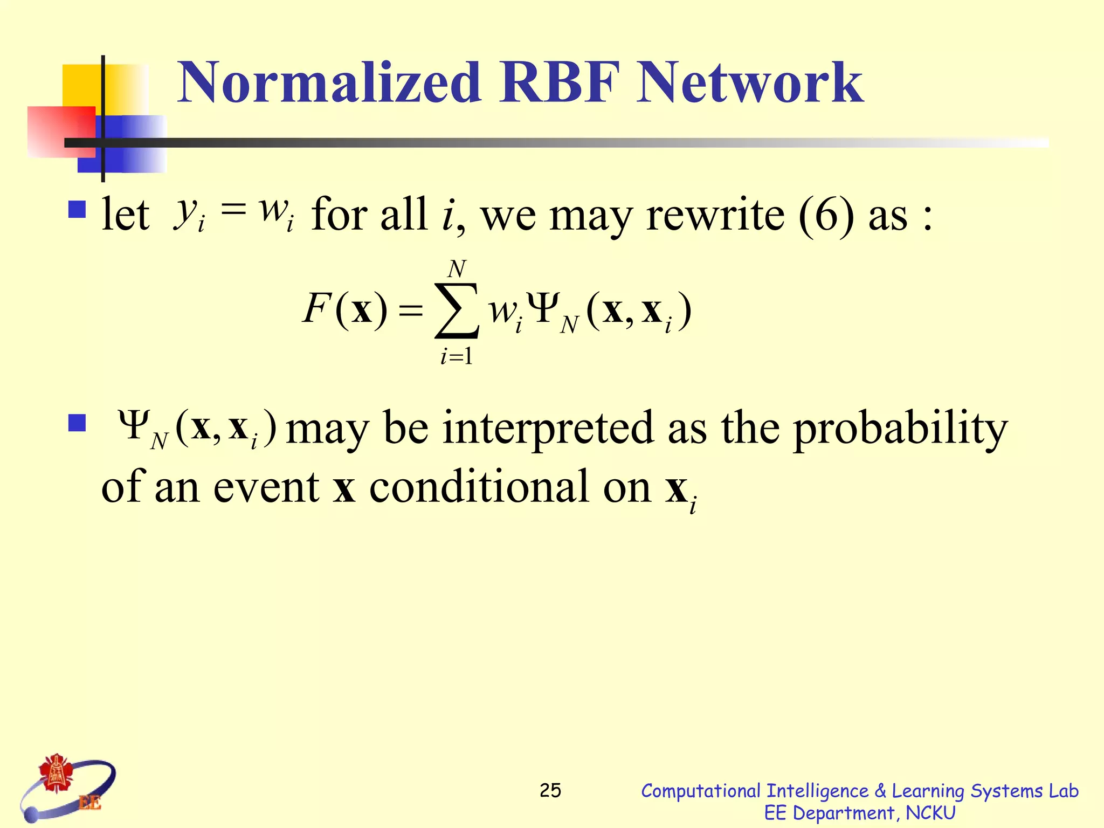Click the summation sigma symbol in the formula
457,311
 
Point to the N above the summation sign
457,268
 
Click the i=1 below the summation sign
457,356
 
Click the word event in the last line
266,487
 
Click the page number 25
550,791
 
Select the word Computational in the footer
700,791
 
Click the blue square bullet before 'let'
78,209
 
